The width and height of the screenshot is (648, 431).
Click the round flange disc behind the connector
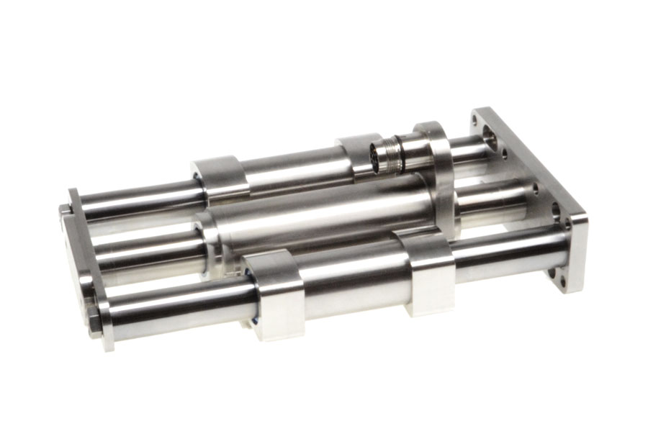[x=439, y=173]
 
